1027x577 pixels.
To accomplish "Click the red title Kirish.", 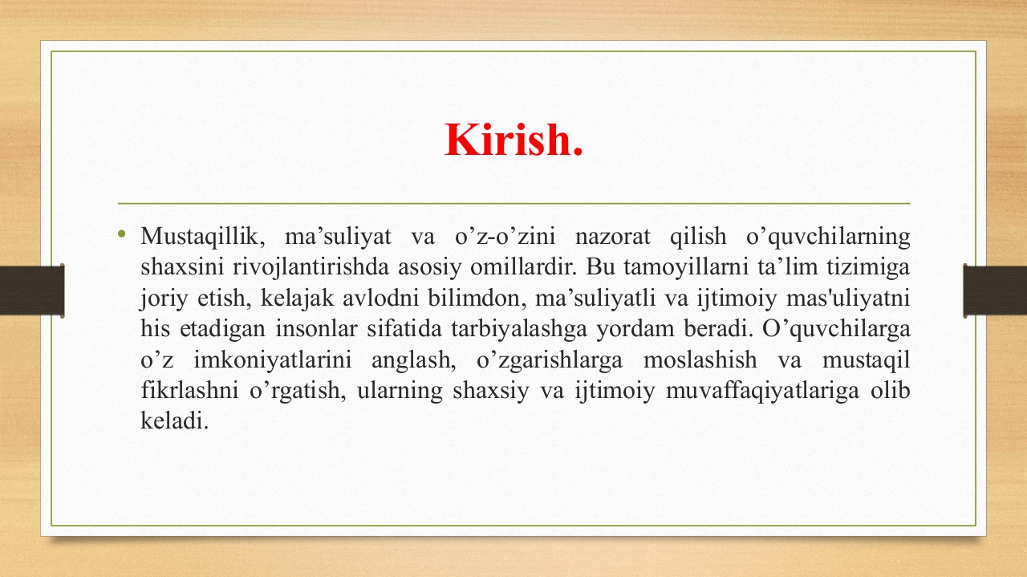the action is coord(513,140).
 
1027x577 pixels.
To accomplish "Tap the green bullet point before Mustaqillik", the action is coord(121,234).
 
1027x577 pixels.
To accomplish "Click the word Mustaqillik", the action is coord(203,237).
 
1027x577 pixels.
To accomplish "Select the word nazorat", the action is coord(612,237).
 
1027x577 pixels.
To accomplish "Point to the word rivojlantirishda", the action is coord(311,267).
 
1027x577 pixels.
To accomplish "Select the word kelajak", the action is coord(297,299).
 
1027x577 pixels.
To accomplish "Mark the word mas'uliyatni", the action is coord(848,299).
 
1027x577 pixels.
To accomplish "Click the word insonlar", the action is coord(316,329).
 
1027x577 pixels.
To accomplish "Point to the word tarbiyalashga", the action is coord(519,329).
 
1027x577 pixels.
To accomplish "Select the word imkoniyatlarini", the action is coord(272,360).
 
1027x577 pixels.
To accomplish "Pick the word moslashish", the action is coord(700,360).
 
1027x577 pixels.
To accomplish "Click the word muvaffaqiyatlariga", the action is coord(762,391).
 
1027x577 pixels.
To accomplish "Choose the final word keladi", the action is coord(174,421).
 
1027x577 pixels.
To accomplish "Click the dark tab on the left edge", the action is coord(32,291).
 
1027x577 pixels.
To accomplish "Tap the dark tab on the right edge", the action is coord(995,291).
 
